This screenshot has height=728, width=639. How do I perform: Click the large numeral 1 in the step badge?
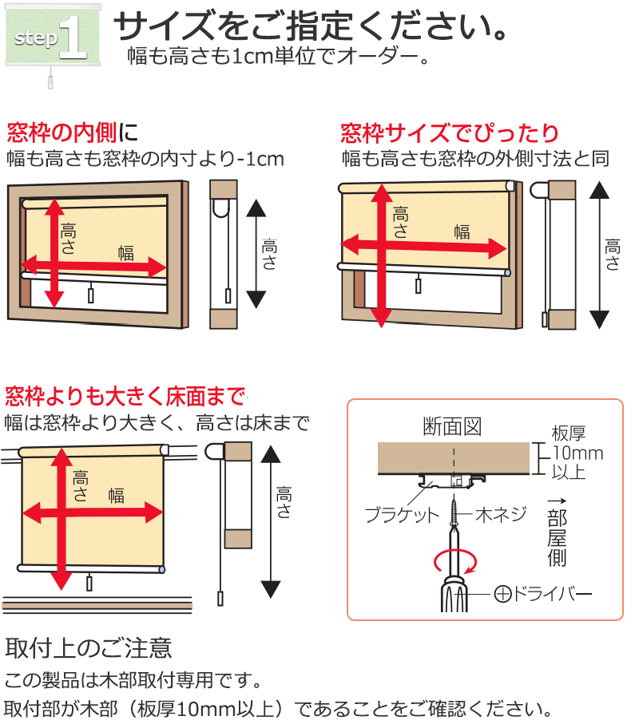tap(73, 38)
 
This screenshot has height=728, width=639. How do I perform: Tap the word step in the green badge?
tap(35, 38)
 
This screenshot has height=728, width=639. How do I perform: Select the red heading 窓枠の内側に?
tap(73, 133)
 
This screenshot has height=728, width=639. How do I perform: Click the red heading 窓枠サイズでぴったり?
tap(450, 133)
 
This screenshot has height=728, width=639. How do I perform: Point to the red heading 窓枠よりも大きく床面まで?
tap(125, 396)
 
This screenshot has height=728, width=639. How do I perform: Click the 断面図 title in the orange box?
tap(452, 426)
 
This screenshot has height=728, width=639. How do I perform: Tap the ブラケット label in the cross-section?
tap(402, 515)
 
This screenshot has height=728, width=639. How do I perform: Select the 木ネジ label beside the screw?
tap(501, 514)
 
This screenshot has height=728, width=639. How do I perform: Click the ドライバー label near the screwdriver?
tap(542, 593)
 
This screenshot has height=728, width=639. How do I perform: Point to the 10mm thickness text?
tap(577, 453)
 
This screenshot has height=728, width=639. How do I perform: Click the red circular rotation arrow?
tap(455, 562)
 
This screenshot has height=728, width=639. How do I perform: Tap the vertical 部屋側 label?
tap(557, 538)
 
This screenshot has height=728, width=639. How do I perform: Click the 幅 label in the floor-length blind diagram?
tap(116, 496)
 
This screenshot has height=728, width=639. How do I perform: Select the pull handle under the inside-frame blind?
tap(90, 295)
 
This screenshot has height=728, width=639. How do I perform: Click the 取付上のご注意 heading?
tap(89, 647)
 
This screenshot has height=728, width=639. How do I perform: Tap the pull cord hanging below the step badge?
tap(50, 78)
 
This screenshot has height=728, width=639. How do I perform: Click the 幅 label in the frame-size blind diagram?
tap(462, 231)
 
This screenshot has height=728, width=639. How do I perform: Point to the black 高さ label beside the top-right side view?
tap(612, 255)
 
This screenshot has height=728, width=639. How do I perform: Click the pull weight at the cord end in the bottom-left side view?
tap(220, 599)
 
